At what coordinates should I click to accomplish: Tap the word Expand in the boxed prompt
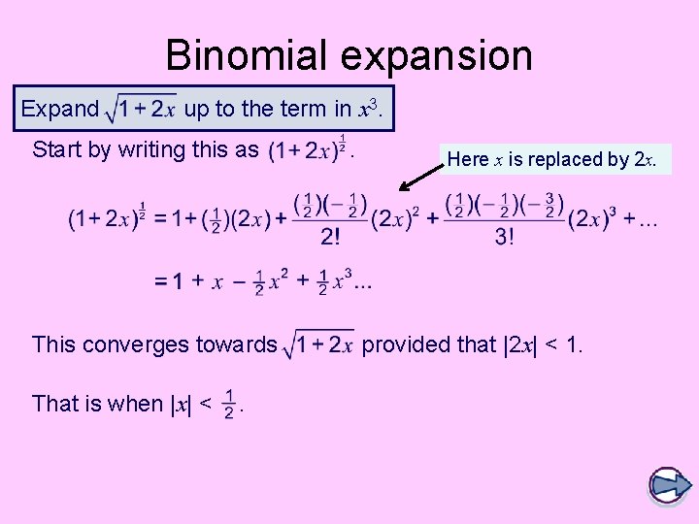tap(59, 109)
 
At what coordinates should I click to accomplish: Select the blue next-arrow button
tap(668, 486)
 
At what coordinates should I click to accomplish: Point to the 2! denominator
tap(330, 237)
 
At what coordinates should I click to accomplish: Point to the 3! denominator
tap(505, 237)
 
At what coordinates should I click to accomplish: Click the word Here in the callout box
tap(468, 160)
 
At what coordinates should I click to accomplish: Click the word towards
tap(239, 344)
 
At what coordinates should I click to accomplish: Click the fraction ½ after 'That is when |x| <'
tap(229, 404)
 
